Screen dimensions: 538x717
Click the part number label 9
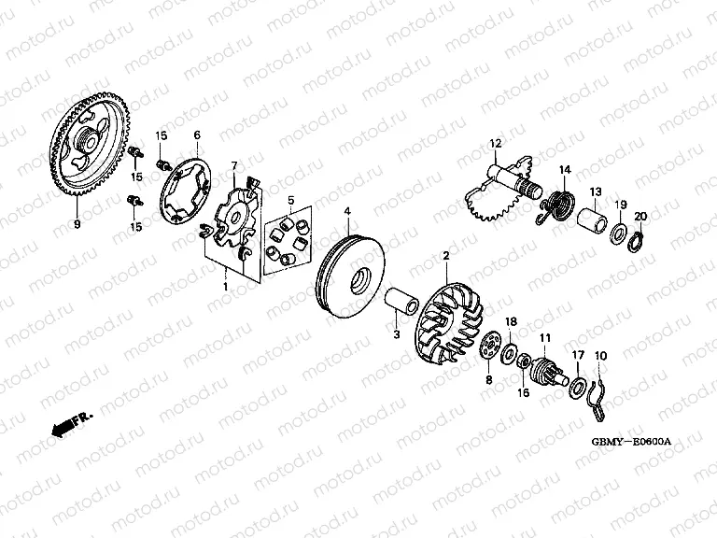77,224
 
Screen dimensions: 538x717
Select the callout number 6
197,135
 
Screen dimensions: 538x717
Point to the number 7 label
234,165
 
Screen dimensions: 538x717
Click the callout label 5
291,200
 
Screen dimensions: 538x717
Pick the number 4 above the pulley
346,213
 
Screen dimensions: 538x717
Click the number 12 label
496,142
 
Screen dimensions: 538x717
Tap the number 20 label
640,218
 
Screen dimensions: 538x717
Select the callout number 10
600,356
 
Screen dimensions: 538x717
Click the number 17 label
576,356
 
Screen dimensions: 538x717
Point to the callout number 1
224,286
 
